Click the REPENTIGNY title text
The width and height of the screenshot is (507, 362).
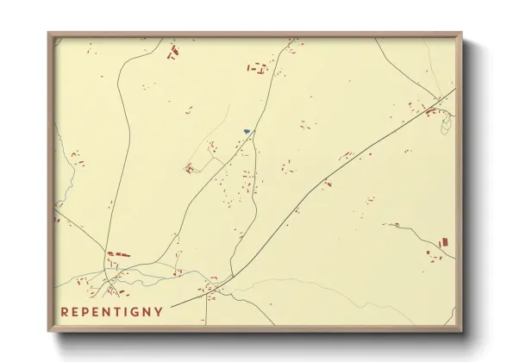[111, 311]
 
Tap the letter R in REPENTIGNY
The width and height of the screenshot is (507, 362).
[64, 311]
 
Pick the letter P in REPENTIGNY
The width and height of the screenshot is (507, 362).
[84, 311]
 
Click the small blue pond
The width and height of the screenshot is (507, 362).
[247, 131]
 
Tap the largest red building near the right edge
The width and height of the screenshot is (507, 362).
[445, 242]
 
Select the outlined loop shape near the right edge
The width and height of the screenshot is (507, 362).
[446, 126]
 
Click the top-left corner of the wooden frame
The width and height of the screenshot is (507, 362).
[49, 34]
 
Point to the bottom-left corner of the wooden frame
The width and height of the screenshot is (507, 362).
[49, 330]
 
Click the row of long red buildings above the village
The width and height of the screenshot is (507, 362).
[118, 255]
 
